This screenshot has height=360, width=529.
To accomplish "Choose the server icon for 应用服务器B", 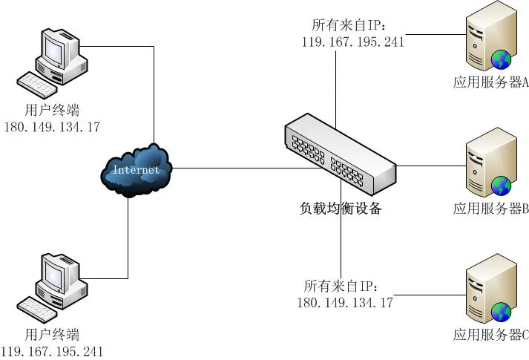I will [489, 168].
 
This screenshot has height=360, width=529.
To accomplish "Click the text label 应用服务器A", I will [490, 83].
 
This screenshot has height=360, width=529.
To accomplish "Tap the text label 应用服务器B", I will [490, 209].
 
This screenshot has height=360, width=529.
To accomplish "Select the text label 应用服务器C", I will [490, 336].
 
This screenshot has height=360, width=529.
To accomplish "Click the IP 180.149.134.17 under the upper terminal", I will [52, 127].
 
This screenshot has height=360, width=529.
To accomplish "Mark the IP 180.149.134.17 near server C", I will [345, 302].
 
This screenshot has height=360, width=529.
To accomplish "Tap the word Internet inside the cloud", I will [136, 170].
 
